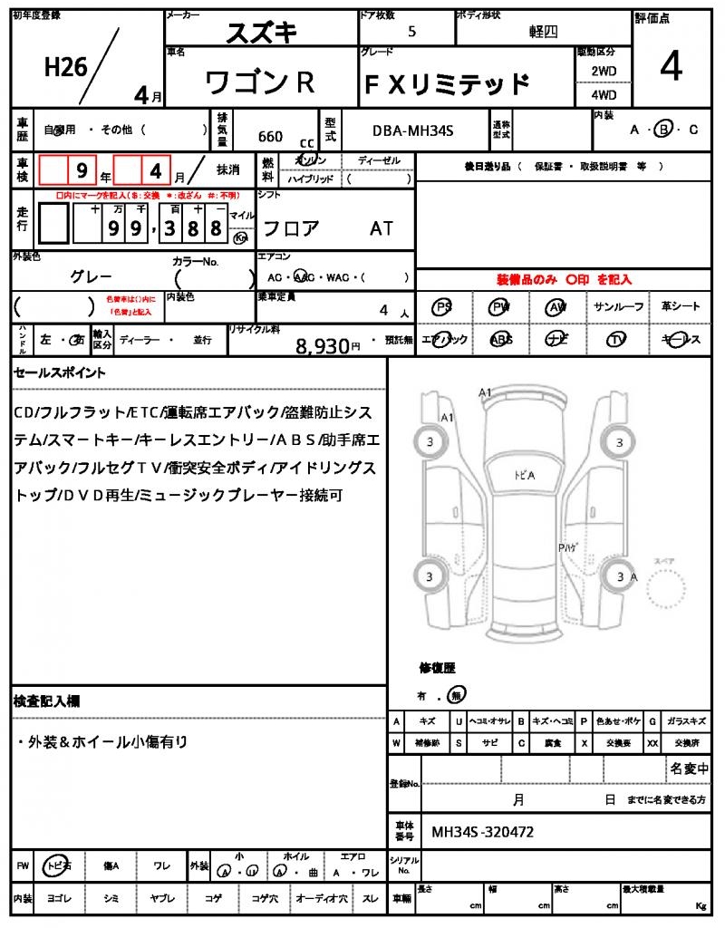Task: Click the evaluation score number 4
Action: [x=671, y=69]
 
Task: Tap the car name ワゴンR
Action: [x=260, y=82]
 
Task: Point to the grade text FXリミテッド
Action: [x=446, y=84]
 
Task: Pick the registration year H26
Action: [x=64, y=67]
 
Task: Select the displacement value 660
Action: [x=270, y=137]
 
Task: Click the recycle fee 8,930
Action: [x=323, y=345]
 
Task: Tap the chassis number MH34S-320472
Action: [x=482, y=830]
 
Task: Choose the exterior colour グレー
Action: [x=92, y=275]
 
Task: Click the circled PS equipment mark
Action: [x=443, y=307]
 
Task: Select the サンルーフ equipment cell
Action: [x=619, y=307]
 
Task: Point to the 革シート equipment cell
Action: [x=681, y=307]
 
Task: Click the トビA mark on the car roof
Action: [x=524, y=475]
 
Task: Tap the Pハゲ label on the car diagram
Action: [x=569, y=547]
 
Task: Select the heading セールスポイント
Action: [x=59, y=372]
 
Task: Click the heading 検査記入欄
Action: [x=46, y=701]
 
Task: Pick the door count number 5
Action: [x=413, y=31]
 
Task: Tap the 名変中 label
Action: [x=689, y=768]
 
